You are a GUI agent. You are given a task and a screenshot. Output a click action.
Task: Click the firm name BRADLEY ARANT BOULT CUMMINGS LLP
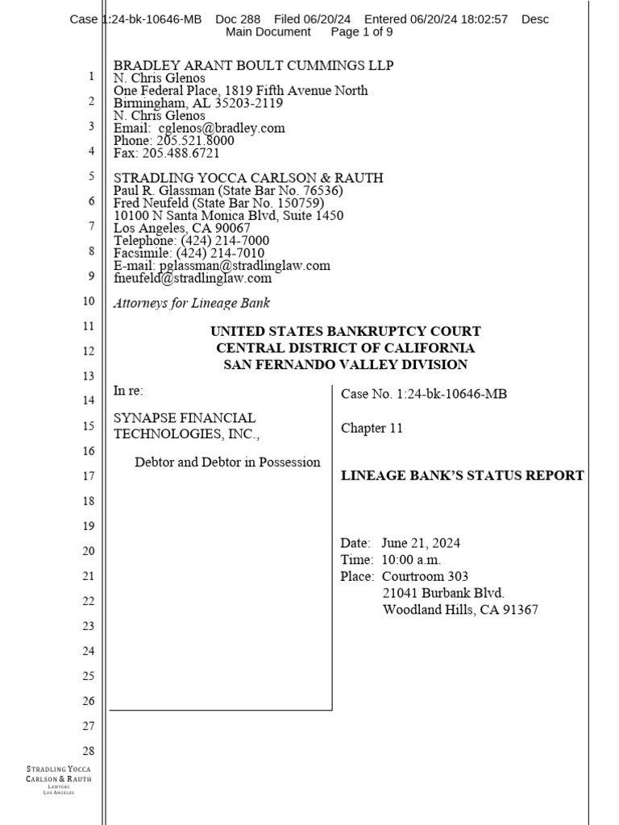(253, 65)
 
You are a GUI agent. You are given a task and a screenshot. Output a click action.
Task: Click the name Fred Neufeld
(149, 203)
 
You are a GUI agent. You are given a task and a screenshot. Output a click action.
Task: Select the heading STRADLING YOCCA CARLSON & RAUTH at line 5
(248, 177)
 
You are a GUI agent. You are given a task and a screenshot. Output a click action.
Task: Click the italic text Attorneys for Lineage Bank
(192, 303)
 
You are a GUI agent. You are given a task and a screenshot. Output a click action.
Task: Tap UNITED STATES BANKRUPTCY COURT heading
(345, 331)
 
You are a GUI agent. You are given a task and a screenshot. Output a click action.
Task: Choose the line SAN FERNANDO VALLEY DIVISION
(345, 365)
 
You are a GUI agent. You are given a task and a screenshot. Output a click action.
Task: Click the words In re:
(128, 392)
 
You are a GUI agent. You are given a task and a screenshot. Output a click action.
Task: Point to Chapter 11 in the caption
(372, 428)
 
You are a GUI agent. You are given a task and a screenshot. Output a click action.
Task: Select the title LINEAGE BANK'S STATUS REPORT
(463, 475)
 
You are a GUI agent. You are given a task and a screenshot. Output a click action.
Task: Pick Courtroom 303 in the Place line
(425, 576)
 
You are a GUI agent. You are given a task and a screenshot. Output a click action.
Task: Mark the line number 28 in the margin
(89, 751)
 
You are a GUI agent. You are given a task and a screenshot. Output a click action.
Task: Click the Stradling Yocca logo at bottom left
(59, 781)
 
